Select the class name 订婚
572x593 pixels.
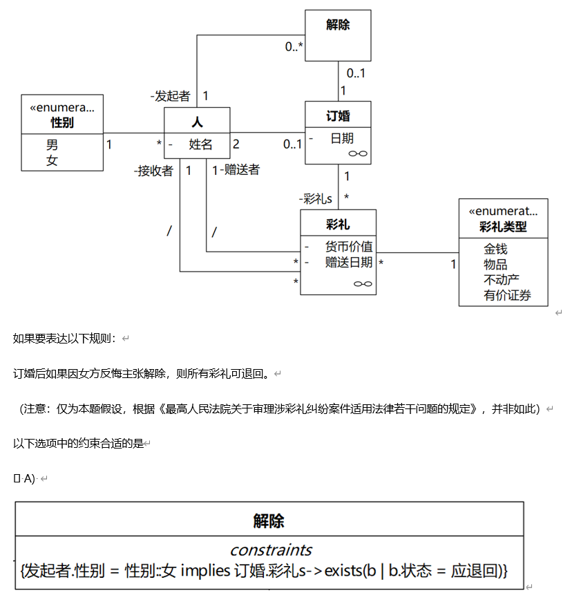coord(338,115)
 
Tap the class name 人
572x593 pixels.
coord(197,122)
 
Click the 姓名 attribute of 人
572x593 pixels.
coord(200,144)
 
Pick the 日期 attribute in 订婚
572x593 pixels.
coord(341,138)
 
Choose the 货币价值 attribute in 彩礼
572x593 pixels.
coord(348,246)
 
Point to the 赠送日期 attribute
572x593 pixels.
coord(348,262)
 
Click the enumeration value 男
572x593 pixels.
coord(53,145)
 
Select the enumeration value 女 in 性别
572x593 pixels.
coord(53,160)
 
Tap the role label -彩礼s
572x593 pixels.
coord(316,199)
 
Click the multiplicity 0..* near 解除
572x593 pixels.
coord(294,47)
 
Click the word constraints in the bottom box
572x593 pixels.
coord(270,550)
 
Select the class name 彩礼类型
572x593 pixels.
coord(503,227)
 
